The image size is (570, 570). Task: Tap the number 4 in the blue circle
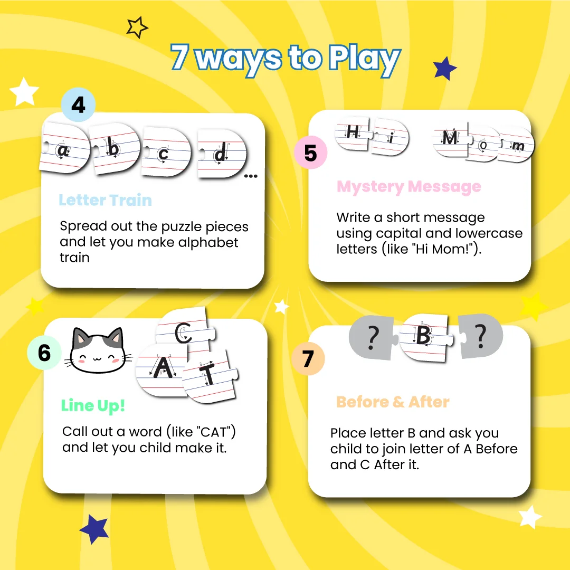(x=79, y=105)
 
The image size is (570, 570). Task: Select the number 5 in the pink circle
(x=310, y=153)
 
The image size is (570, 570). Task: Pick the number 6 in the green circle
(x=44, y=353)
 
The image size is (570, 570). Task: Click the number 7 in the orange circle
(x=308, y=359)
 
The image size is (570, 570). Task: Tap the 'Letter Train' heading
(x=106, y=201)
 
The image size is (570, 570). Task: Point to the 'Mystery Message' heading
(x=409, y=187)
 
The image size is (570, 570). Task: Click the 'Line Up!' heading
(x=93, y=406)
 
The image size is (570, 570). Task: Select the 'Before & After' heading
(x=393, y=402)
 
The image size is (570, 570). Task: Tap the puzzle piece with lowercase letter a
(x=64, y=148)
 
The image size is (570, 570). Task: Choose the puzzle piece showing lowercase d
(x=222, y=153)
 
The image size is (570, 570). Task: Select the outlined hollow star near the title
(x=137, y=27)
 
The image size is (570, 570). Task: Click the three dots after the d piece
(x=251, y=176)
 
